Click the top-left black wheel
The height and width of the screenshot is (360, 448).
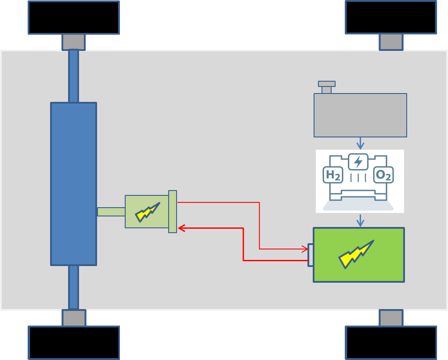pyautogui.click(x=74, y=18)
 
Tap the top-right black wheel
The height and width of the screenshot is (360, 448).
pyautogui.click(x=391, y=18)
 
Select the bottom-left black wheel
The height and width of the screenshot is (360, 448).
pyautogui.click(x=74, y=342)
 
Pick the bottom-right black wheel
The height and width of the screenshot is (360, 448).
pyautogui.click(x=391, y=342)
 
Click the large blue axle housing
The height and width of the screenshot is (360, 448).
pyautogui.click(x=73, y=184)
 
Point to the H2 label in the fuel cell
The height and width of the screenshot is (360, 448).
pyautogui.click(x=332, y=175)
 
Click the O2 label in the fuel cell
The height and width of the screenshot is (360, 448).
pyautogui.click(x=383, y=175)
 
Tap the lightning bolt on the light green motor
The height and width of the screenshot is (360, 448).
pyautogui.click(x=147, y=212)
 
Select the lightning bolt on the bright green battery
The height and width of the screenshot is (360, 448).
pyautogui.click(x=356, y=254)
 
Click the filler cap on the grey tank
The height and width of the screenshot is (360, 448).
pyautogui.click(x=327, y=84)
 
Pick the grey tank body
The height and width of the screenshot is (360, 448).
pyautogui.click(x=360, y=115)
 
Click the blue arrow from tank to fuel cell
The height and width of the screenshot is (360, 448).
pyautogui.click(x=360, y=144)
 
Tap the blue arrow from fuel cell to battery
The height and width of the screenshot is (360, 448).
pyautogui.click(x=360, y=221)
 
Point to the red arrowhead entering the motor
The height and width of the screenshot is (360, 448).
pyautogui.click(x=181, y=228)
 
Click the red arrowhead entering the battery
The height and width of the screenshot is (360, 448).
pyautogui.click(x=304, y=249)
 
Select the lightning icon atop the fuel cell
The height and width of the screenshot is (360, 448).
pyautogui.click(x=358, y=161)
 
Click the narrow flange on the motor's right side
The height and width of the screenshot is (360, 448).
pyautogui.click(x=173, y=212)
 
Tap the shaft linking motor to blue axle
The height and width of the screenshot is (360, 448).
pyautogui.click(x=111, y=212)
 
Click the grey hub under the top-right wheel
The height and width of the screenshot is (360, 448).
pyautogui.click(x=391, y=42)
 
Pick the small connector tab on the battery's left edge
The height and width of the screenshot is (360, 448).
pyautogui.click(x=311, y=255)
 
